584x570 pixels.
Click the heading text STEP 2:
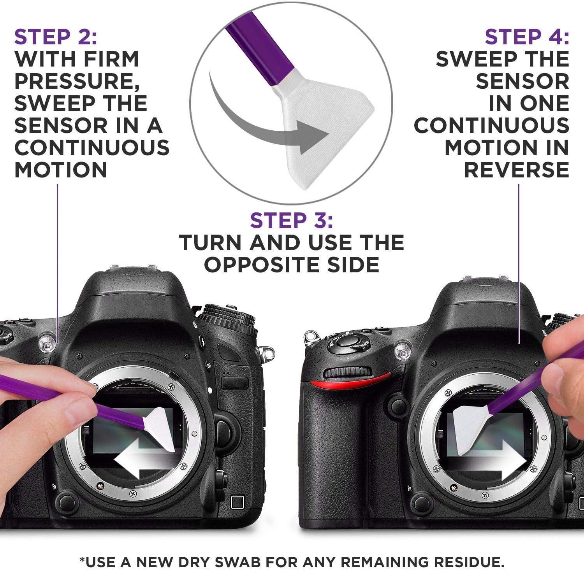coord(56,37)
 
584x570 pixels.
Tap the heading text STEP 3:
coord(292,221)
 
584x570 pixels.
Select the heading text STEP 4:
coord(527,37)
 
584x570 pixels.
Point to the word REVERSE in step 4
coord(517,170)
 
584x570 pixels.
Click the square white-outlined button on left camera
coord(237,502)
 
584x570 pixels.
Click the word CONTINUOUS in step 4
coord(491,126)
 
